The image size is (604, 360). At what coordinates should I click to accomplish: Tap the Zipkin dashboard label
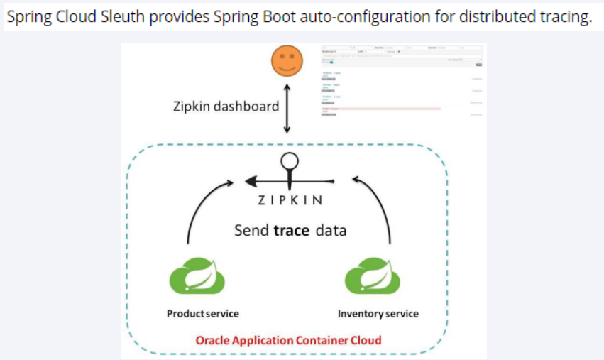(226, 107)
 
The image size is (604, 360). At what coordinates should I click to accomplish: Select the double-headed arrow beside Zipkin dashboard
(287, 107)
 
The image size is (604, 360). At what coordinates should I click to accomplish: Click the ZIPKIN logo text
(290, 200)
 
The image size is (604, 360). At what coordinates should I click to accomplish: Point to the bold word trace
(291, 231)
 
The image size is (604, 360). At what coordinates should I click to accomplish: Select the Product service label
(202, 313)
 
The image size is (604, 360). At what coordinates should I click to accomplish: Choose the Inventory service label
(378, 313)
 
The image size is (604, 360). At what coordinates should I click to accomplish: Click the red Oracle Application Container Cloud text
(287, 339)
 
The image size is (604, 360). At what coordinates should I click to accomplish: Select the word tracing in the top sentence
(564, 16)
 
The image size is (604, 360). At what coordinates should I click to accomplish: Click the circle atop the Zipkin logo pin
(288, 159)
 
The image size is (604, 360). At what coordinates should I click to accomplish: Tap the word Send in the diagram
(252, 231)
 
